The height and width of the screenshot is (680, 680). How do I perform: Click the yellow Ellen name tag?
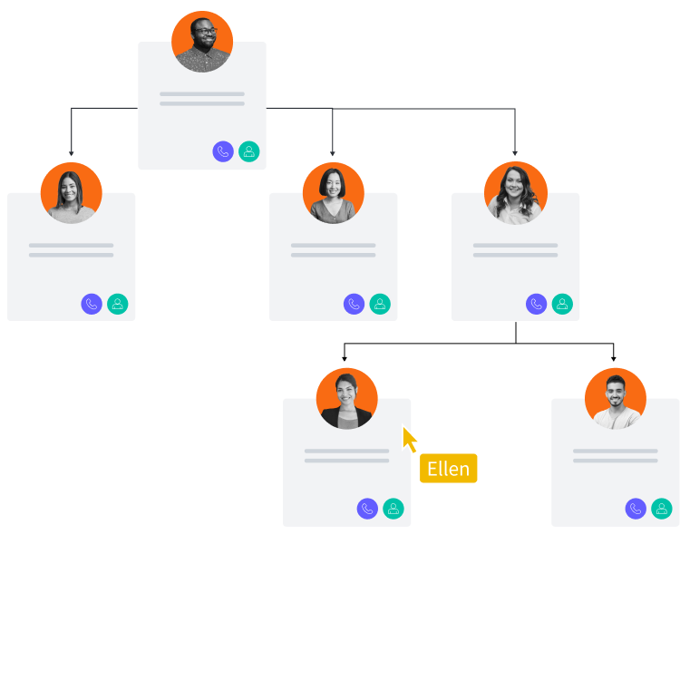448,469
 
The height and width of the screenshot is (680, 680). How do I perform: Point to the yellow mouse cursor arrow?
410,440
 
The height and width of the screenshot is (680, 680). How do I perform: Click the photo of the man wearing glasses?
202,42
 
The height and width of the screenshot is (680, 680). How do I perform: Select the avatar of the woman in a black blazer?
347,399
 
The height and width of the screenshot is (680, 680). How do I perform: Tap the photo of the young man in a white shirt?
616,399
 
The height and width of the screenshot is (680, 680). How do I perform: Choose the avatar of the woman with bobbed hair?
334,193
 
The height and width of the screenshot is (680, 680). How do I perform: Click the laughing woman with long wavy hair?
515,193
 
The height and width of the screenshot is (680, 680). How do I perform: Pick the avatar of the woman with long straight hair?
72,193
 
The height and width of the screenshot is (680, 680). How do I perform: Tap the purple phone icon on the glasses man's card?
223,151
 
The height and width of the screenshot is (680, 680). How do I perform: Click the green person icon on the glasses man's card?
249,151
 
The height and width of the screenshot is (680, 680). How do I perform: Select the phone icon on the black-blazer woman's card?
367,509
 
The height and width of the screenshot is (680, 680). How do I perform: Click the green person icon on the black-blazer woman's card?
393,509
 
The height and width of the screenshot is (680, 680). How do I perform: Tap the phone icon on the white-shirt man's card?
636,509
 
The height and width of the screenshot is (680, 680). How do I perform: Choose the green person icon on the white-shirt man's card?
662,509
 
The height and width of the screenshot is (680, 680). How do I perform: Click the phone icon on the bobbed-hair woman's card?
355,304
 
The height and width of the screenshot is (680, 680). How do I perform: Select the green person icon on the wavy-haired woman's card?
562,304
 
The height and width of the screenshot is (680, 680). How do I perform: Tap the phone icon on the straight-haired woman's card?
92,304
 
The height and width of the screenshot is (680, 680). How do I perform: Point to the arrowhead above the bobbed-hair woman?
333,153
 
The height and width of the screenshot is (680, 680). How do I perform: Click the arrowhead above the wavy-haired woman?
514,153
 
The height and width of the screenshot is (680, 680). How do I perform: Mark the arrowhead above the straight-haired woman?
72,153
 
